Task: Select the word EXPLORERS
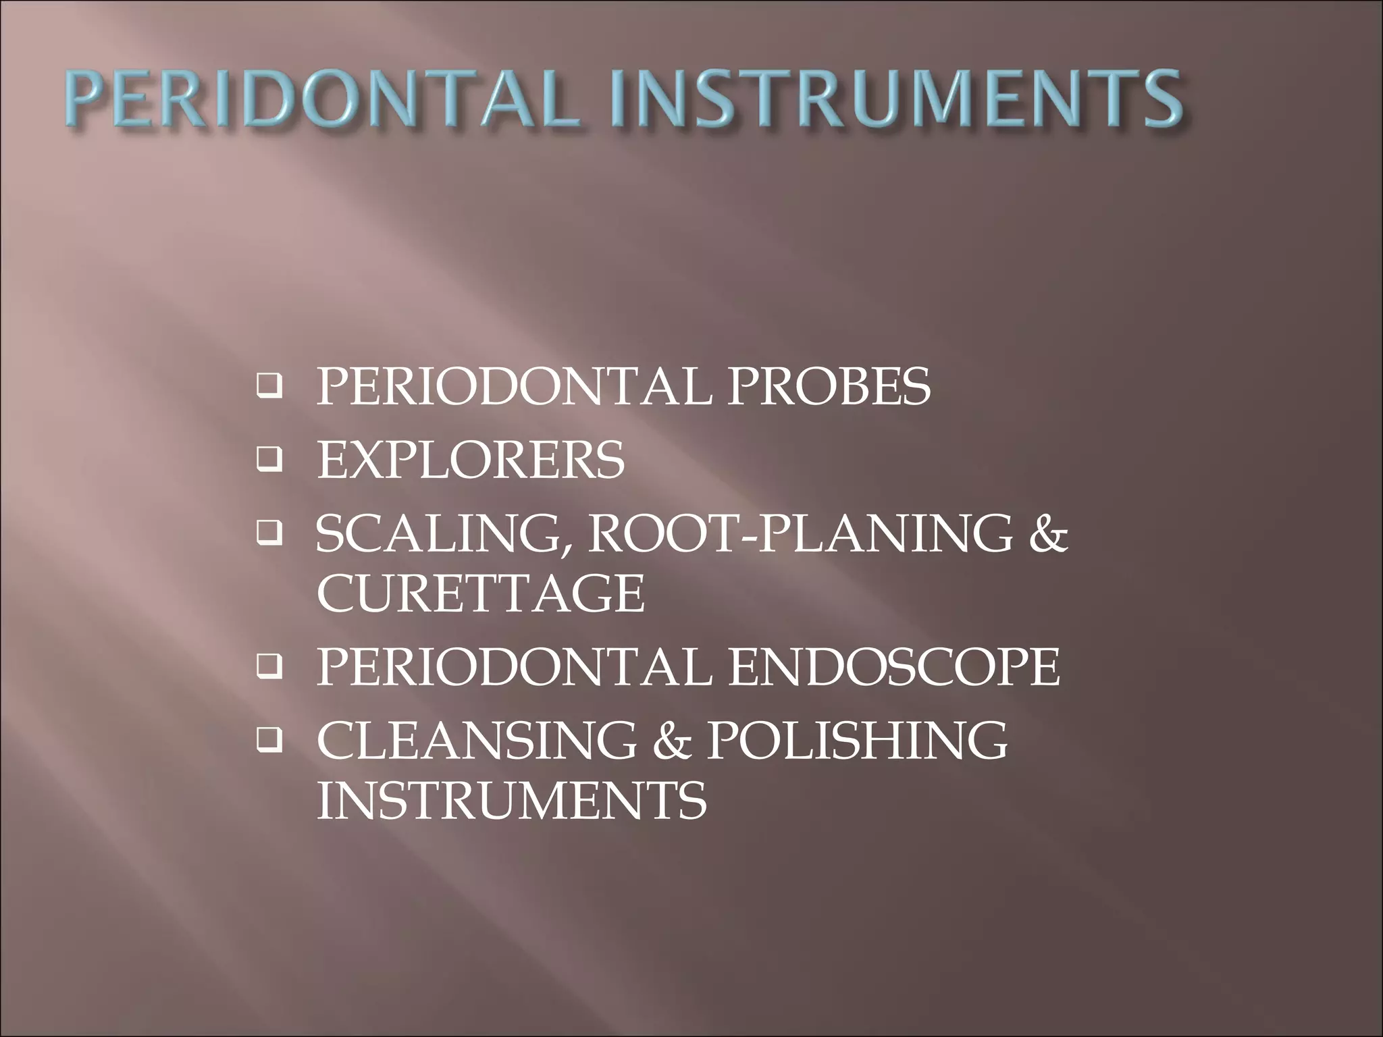point(471,460)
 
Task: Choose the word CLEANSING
point(477,741)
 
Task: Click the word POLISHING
point(857,741)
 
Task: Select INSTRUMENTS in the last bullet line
point(512,801)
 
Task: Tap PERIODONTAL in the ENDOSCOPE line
point(514,667)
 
